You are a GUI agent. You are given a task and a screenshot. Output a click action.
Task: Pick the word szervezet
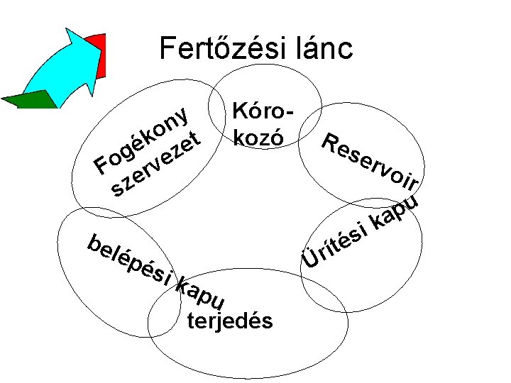click(x=155, y=164)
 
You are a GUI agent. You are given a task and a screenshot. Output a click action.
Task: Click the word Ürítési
click(x=336, y=245)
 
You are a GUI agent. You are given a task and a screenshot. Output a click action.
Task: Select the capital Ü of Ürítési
click(x=309, y=259)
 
